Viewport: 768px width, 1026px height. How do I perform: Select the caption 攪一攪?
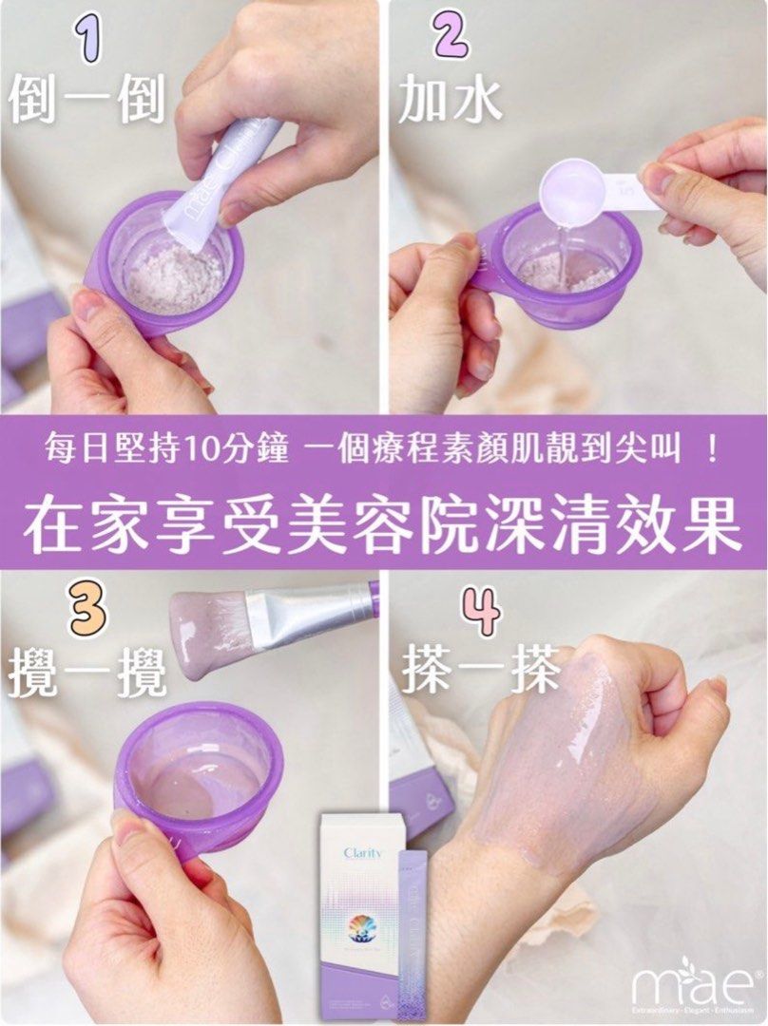[x=87, y=673]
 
